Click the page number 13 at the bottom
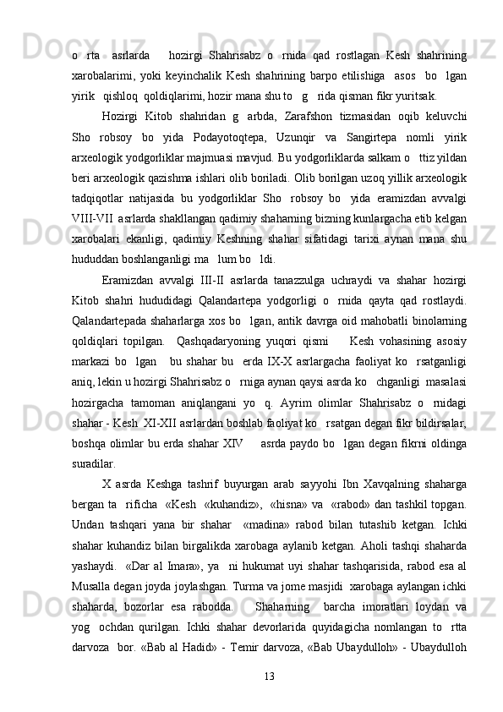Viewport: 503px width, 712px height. tap(269, 677)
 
